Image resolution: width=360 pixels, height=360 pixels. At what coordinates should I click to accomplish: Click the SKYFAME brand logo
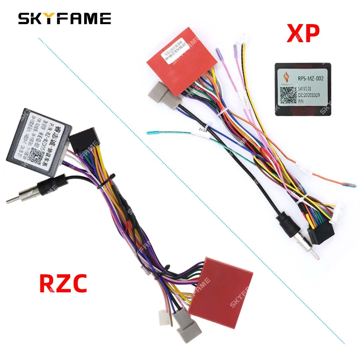65,18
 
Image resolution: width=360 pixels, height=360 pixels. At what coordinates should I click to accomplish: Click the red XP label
302,33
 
